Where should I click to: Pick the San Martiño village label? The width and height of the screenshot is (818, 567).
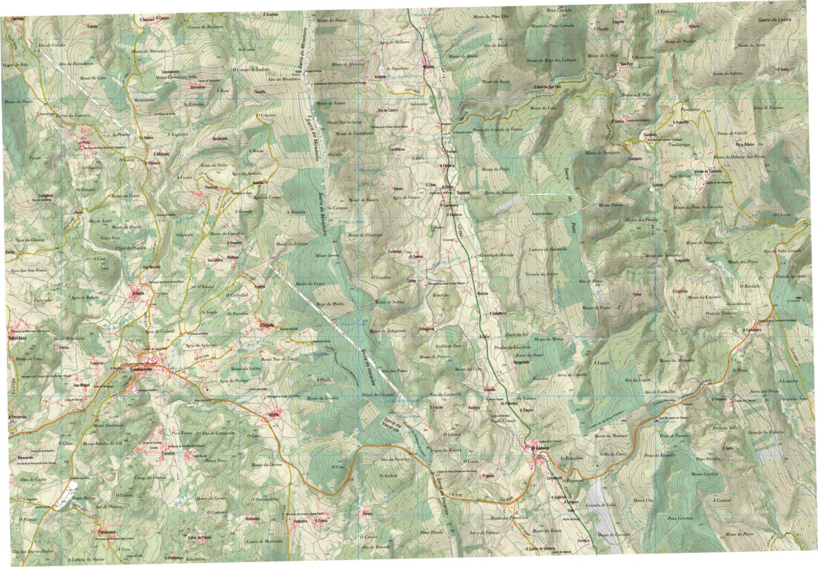(151, 267)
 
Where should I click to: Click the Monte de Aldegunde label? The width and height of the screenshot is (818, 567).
(387, 331)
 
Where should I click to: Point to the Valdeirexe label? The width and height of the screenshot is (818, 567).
(420, 104)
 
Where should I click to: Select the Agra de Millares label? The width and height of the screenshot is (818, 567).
(395, 42)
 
